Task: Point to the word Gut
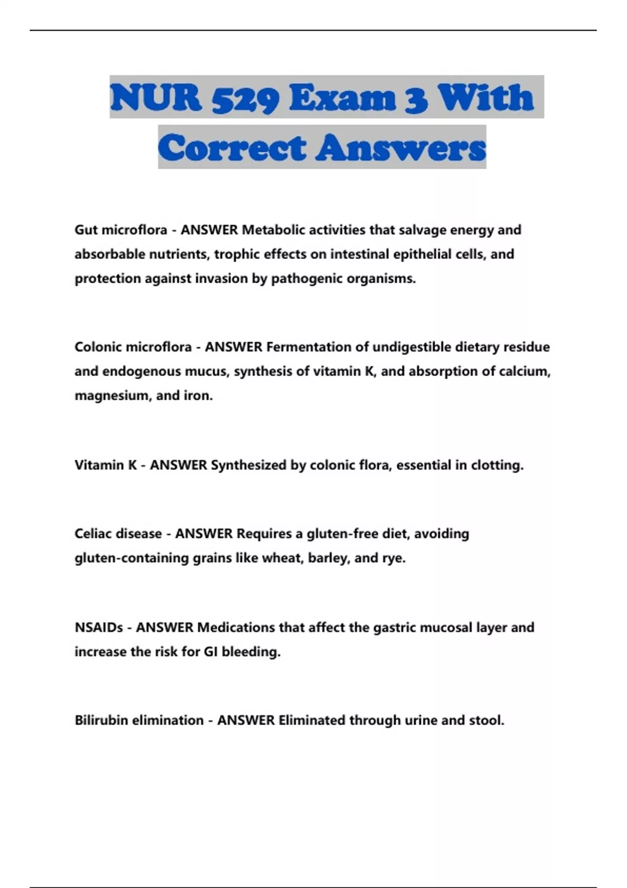[86, 230]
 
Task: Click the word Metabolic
[270, 230]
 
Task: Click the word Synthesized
[249, 465]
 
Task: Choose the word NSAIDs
[99, 627]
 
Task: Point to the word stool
[486, 720]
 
